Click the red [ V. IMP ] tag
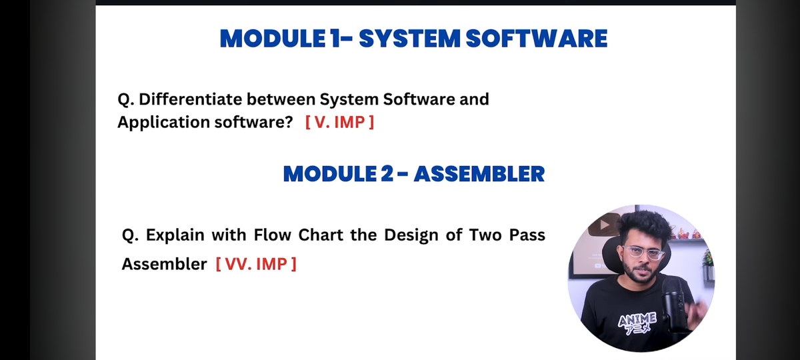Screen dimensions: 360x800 click(339, 123)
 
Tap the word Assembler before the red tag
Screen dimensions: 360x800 click(164, 264)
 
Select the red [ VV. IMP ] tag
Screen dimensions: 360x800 click(256, 264)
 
